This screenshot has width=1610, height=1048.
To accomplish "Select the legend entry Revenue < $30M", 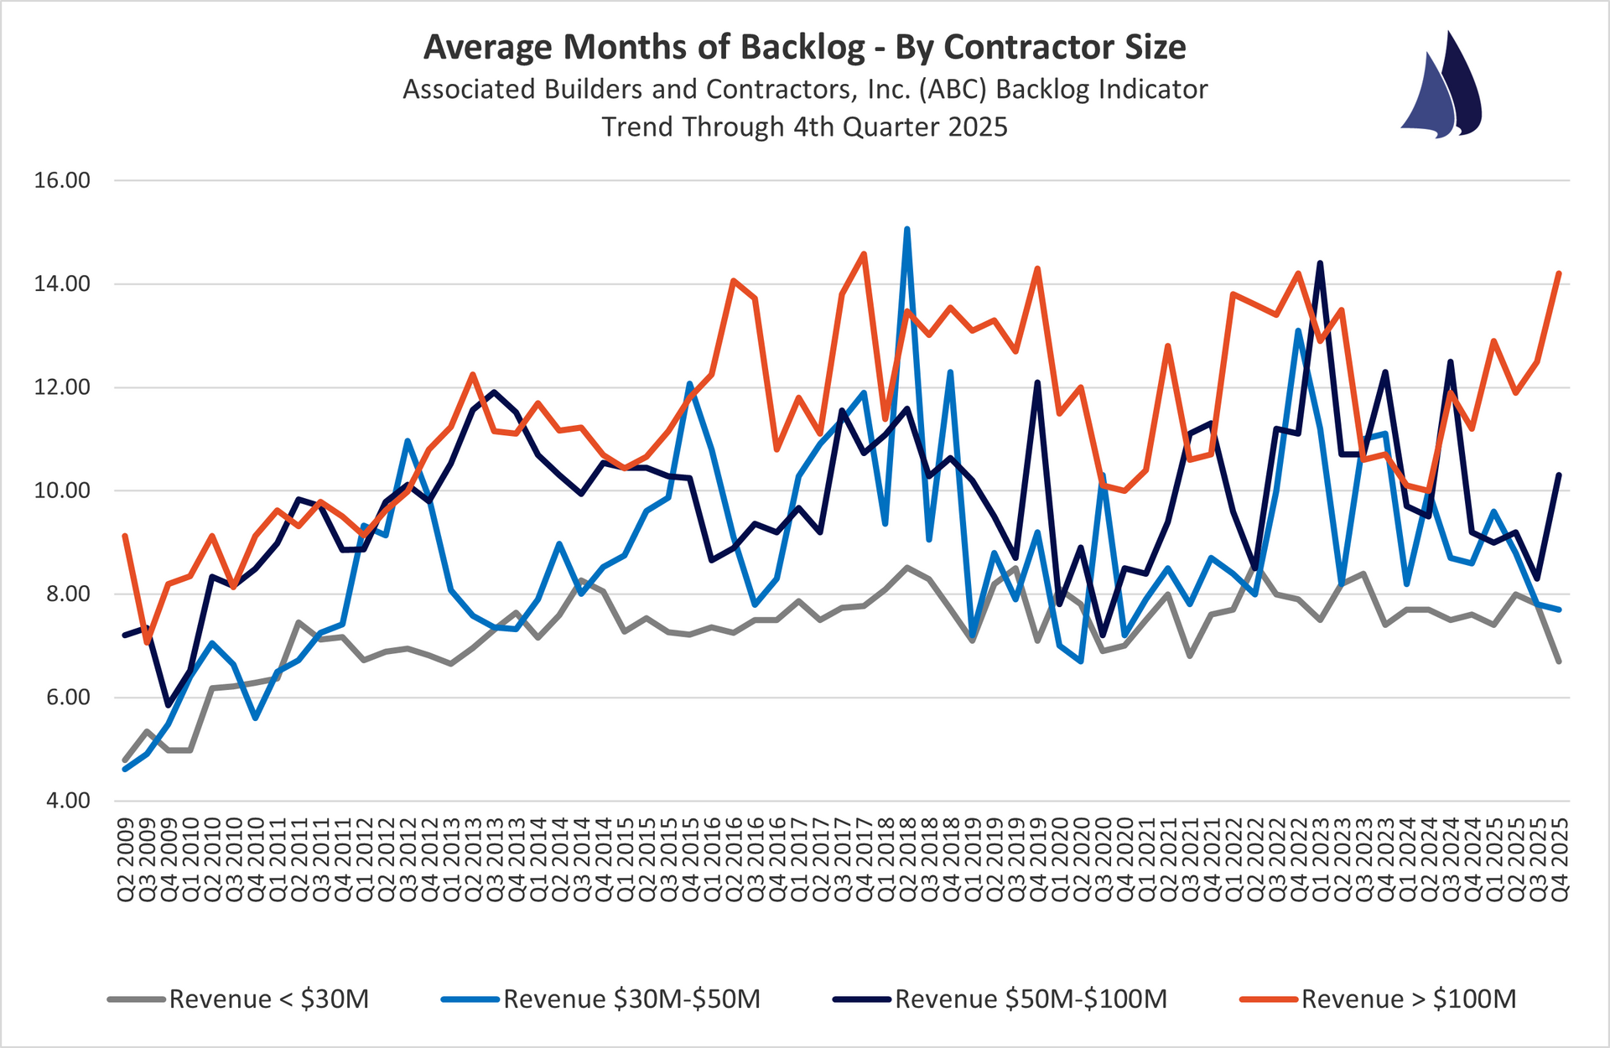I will tap(268, 999).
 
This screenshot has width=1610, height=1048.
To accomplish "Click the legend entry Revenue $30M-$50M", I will tap(631, 999).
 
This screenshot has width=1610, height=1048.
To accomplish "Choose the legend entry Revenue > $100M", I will tap(1408, 999).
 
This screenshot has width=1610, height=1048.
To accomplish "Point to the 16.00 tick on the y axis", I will tap(62, 180).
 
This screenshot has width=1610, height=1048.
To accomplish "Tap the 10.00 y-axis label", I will tap(62, 490).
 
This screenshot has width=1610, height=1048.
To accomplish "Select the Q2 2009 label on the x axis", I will tap(126, 860).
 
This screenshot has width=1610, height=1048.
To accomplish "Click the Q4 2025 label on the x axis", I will tap(1560, 860).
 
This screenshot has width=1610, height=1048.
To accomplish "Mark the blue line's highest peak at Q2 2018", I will tap(907, 228).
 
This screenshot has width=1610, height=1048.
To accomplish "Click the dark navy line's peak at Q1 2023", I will tap(1320, 263).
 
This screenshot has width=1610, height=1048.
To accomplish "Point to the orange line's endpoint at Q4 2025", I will tap(1559, 273).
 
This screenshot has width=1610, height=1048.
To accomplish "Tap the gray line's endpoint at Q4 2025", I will tap(1559, 661).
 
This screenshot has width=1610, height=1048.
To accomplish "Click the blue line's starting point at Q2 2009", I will tap(125, 769).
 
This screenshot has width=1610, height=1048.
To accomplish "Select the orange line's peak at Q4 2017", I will tap(864, 253).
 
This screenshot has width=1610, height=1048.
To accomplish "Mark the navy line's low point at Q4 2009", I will tap(169, 705).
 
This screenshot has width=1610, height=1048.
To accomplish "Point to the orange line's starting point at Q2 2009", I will tap(125, 536).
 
